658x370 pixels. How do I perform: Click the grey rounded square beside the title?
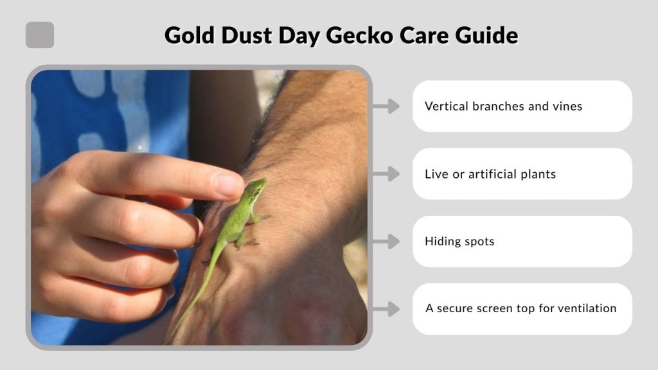(x=40, y=35)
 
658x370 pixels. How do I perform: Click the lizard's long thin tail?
(x=196, y=295)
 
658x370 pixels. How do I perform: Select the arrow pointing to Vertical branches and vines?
(x=386, y=106)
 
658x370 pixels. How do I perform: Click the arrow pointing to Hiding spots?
(x=386, y=242)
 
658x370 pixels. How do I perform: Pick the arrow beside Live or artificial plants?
(x=386, y=173)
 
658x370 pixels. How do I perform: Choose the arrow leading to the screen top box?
(x=386, y=309)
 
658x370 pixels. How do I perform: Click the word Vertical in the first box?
(x=446, y=107)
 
